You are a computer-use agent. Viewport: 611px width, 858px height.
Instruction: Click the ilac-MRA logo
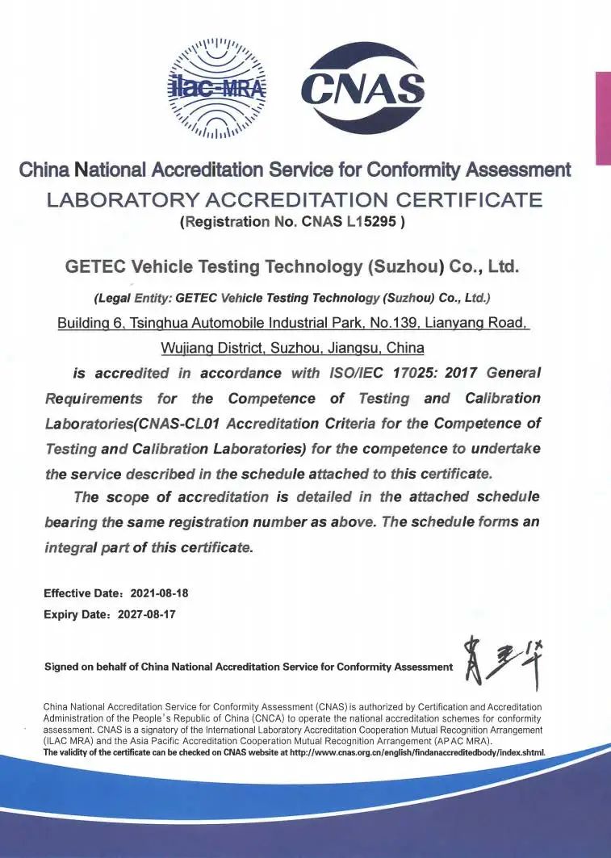[216, 86]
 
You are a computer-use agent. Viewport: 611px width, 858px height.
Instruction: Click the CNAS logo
[362, 88]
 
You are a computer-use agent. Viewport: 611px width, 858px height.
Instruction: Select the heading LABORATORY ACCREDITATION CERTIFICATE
[295, 199]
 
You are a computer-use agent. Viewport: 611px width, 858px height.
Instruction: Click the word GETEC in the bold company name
[95, 266]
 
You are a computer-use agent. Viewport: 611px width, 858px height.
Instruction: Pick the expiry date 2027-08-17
[147, 614]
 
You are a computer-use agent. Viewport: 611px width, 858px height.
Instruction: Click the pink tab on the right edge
[602, 118]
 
